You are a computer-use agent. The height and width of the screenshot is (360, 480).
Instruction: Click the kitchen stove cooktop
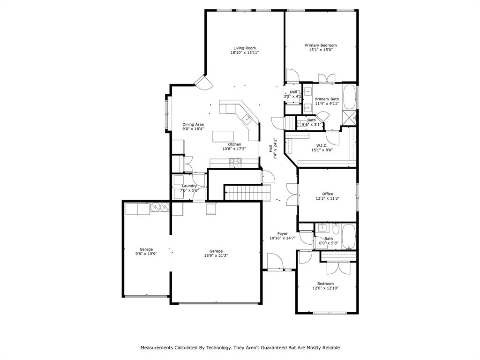(235, 162)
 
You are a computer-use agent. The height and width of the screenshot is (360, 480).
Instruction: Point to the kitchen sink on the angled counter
(247, 119)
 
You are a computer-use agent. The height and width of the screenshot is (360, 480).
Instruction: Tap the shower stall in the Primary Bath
(350, 117)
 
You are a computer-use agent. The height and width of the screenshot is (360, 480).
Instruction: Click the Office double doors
(292, 195)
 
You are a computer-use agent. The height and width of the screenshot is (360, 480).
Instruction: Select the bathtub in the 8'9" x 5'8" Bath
(349, 237)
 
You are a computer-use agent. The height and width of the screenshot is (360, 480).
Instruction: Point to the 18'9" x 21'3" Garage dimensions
(216, 256)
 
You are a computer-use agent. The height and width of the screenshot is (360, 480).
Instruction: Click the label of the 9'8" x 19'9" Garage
(146, 249)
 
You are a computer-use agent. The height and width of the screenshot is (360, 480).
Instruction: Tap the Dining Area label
(193, 125)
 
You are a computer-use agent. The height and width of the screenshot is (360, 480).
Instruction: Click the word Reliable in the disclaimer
(329, 348)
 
